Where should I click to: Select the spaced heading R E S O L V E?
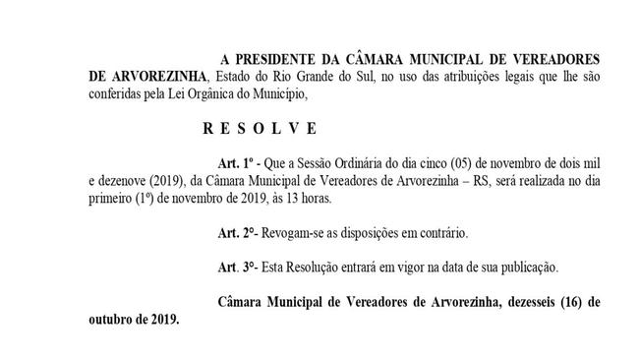[260, 128]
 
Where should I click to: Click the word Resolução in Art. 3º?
[320, 267]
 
